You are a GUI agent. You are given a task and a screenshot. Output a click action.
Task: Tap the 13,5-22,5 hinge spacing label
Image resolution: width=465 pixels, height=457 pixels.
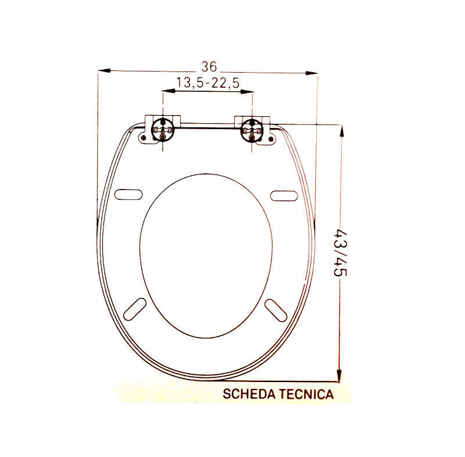(208, 83)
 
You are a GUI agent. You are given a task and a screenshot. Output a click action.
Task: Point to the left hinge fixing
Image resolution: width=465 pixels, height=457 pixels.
(162, 128)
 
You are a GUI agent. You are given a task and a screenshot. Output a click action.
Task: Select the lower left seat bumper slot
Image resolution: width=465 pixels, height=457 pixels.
(135, 308)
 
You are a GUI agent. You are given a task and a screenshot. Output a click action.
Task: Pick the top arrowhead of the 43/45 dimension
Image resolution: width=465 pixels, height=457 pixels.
(341, 131)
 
